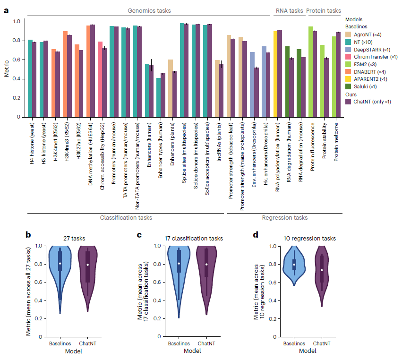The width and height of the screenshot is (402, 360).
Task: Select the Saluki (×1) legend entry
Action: point(365,86)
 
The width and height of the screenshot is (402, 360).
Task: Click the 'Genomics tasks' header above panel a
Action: point(149,10)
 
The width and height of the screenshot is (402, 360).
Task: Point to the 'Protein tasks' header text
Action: point(324,10)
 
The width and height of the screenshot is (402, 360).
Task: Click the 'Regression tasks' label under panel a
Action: point(284,218)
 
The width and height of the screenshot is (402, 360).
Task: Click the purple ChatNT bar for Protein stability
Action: point(326,87)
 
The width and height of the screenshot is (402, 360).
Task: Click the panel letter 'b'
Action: point(28,234)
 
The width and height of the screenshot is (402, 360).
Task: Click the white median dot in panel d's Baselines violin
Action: point(294,265)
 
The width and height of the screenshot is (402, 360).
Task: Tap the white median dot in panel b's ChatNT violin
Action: point(88,265)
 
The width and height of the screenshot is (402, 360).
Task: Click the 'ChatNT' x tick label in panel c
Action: point(206,343)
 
